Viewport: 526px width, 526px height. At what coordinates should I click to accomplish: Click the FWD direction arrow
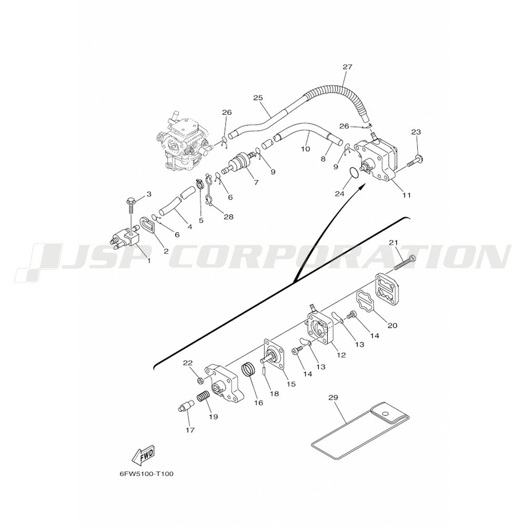[144, 456]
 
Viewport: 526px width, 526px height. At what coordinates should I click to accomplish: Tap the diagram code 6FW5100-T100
[147, 474]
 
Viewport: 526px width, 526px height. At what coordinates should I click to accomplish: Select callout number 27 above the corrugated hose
[348, 67]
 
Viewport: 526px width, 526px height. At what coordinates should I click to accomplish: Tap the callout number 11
[407, 195]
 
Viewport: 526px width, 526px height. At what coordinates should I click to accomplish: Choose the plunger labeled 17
[186, 406]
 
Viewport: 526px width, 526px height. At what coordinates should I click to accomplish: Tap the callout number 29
[333, 398]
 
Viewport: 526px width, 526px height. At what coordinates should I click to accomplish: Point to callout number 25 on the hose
[258, 98]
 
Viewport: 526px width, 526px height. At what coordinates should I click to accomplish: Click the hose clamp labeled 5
[200, 184]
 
